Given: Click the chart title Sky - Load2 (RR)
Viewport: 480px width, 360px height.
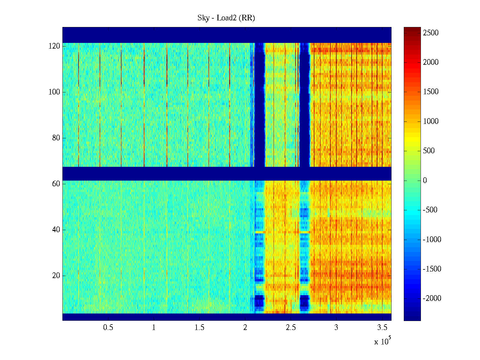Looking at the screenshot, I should [x=226, y=18].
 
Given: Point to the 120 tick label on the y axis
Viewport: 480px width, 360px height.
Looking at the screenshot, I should [x=54, y=46].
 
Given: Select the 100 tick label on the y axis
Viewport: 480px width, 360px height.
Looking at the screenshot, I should [x=54, y=92].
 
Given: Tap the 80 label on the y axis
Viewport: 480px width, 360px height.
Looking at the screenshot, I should [x=56, y=138].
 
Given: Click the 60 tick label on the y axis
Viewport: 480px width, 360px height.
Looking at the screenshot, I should [x=56, y=184].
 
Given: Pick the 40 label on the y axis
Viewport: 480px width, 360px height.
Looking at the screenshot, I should [x=56, y=230].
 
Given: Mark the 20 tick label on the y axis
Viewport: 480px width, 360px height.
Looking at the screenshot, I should [x=56, y=276].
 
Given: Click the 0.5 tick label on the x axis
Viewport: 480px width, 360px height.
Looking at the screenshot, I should [x=108, y=328].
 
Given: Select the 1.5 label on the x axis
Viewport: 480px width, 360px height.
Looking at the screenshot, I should [x=199, y=328].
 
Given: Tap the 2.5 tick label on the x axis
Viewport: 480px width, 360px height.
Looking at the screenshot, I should [x=291, y=328].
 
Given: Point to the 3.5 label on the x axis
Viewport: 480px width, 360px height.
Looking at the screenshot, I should [x=382, y=328].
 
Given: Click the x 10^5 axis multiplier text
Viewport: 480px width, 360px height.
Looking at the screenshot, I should [x=382, y=341].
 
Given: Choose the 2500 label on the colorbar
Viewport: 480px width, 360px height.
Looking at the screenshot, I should [x=431, y=33].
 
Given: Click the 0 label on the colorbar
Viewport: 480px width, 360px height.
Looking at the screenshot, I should [x=425, y=181].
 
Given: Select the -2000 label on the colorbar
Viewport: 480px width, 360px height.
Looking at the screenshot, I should [x=432, y=298].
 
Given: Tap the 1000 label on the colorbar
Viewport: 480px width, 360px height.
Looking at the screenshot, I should [x=431, y=121].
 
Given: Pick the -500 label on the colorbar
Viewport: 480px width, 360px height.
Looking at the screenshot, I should [x=430, y=210].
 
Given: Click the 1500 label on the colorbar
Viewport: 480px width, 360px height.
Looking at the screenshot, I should [x=431, y=92].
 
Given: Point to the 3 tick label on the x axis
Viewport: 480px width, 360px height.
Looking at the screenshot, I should [x=336, y=328].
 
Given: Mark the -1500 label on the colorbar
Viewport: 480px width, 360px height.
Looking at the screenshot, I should [x=432, y=269].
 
